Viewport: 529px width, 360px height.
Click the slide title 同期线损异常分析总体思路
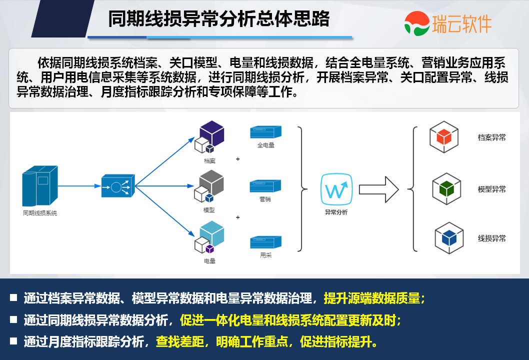pyautogui.click(x=219, y=19)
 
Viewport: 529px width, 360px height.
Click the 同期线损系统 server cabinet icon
pyautogui.click(x=39, y=186)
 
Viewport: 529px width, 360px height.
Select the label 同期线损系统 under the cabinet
pyautogui.click(x=40, y=213)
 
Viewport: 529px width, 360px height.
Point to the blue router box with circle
pyautogui.click(x=117, y=186)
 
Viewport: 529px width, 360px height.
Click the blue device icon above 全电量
pyautogui.click(x=265, y=132)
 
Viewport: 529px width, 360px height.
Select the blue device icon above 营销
pyautogui.click(x=265, y=186)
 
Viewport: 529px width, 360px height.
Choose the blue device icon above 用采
pyautogui.click(x=265, y=241)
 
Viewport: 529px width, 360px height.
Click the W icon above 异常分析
pyautogui.click(x=336, y=189)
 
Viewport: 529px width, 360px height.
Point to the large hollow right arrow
pyautogui.click(x=378, y=189)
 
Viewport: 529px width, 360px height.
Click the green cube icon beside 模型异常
pyautogui.click(x=446, y=188)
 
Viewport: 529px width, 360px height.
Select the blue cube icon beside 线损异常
pyautogui.click(x=448, y=238)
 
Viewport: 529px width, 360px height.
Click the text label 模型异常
pyautogui.click(x=491, y=189)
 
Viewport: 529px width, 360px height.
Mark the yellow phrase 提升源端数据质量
pyautogui.click(x=372, y=298)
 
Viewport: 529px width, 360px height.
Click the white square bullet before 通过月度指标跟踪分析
pyautogui.click(x=13, y=342)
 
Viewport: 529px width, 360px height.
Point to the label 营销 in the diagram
pyautogui.click(x=265, y=199)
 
